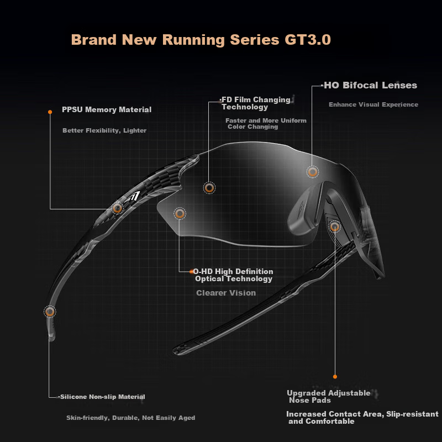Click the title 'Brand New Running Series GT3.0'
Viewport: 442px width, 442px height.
click(201, 40)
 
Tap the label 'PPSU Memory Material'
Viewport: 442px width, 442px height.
click(107, 109)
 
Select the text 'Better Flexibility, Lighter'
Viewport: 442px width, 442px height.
click(104, 130)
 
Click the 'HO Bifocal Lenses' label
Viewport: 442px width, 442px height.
click(370, 85)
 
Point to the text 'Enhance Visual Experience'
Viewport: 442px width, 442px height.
click(373, 104)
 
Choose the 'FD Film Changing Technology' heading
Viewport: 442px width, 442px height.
click(256, 103)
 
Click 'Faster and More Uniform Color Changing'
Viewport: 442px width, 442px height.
click(266, 123)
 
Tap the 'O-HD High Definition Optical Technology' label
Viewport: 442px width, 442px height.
click(233, 275)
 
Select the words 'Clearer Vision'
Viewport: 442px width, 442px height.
click(226, 293)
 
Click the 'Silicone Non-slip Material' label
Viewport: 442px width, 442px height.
click(103, 397)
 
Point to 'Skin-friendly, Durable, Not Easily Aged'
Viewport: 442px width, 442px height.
click(130, 418)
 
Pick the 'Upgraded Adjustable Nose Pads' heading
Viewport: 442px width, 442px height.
click(329, 397)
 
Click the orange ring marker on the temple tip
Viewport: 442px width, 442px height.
click(50, 312)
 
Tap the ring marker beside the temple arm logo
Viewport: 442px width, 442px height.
click(117, 208)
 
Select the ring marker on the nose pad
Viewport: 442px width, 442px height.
click(335, 227)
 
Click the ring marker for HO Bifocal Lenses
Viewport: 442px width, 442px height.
click(312, 172)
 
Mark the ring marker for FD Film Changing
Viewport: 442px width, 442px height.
click(209, 188)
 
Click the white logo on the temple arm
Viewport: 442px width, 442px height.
click(133, 196)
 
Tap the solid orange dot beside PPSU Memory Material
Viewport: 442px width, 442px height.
click(50, 112)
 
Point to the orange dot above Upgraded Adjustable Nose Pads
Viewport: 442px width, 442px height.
click(335, 377)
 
